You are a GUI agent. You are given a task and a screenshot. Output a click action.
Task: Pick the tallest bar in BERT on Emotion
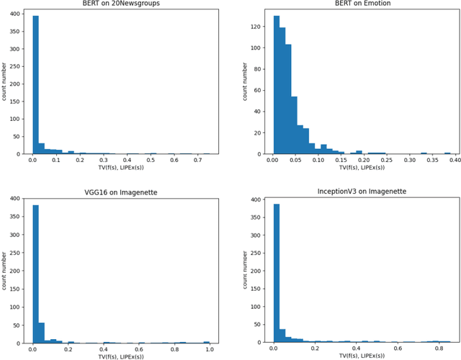pos(277,86)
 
